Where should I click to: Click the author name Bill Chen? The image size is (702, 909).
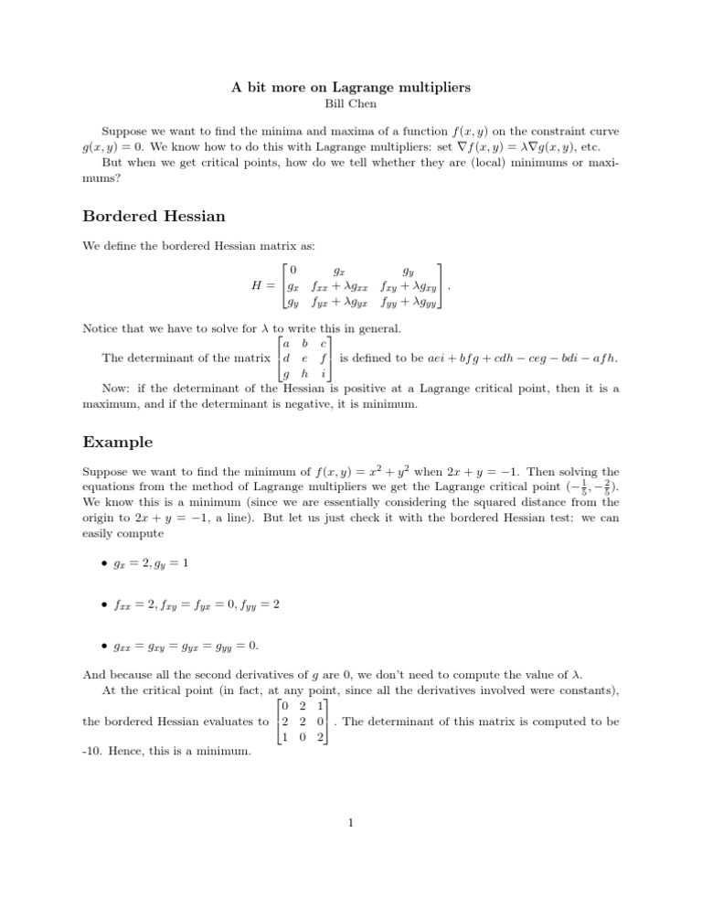click(x=351, y=103)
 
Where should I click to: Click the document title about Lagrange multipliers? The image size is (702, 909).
click(x=351, y=87)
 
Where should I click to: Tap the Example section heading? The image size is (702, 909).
click(x=118, y=442)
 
